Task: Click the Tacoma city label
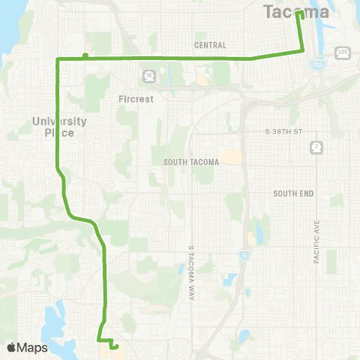pos(296,12)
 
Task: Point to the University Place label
pos(60,127)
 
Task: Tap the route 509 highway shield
pos(342,52)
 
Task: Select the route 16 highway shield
pos(149,75)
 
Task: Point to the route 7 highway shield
pos(316,146)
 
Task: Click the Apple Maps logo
pos(27,347)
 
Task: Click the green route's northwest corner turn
pos(58,58)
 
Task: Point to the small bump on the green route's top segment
pos(85,55)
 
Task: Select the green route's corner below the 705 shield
pos(304,50)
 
